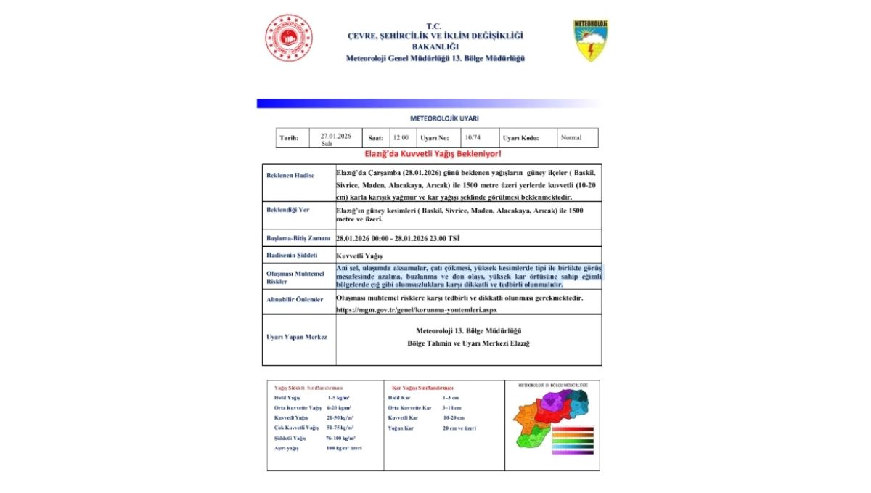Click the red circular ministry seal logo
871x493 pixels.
click(288, 38)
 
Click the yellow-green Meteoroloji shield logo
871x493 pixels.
click(591, 41)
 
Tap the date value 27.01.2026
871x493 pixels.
click(335, 136)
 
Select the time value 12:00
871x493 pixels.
click(401, 137)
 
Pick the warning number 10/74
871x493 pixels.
click(472, 137)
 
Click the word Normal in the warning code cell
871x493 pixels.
click(571, 137)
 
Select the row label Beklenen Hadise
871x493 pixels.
click(290, 176)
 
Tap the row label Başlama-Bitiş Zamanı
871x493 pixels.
click(298, 238)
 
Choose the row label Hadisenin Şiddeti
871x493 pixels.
click(292, 255)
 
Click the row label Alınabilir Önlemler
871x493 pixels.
click(295, 299)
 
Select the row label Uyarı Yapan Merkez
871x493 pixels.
click(297, 337)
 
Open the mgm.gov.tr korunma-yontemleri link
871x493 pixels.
click(417, 309)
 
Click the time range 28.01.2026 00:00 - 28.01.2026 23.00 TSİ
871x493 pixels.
click(398, 238)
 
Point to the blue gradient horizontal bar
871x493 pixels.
click(428, 103)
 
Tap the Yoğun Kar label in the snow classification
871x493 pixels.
click(401, 428)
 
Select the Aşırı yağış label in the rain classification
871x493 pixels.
click(287, 448)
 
